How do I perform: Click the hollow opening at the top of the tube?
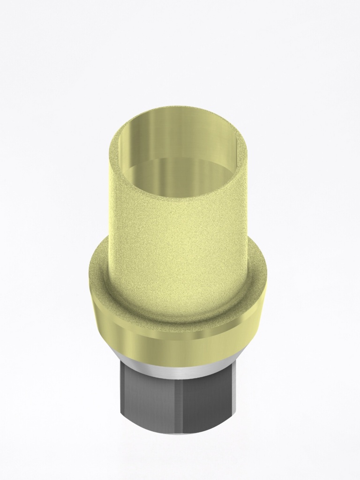[x=178, y=155]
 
